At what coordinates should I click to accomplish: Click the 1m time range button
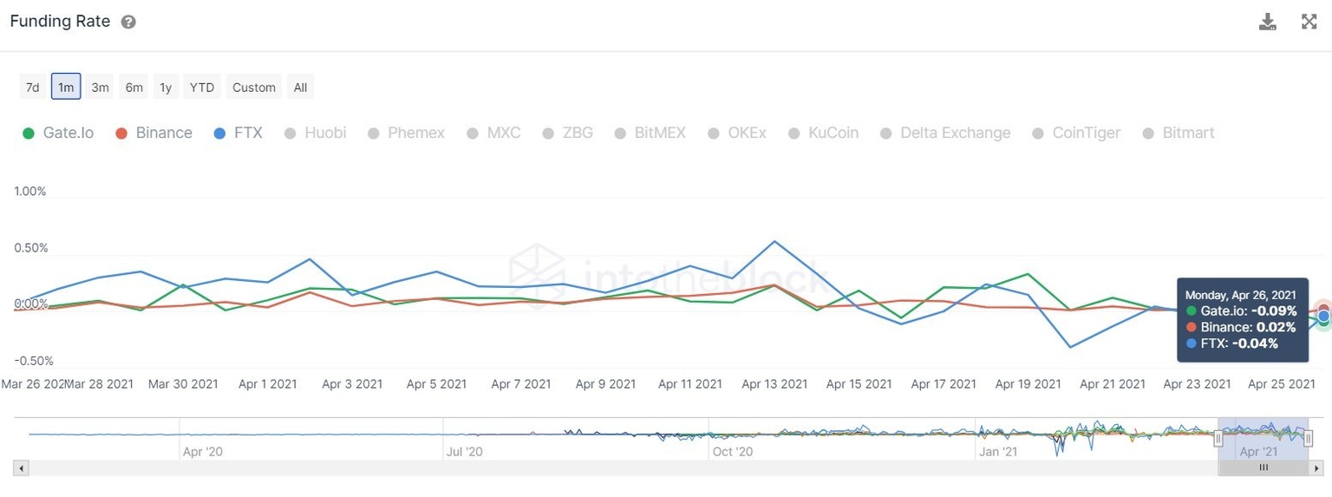pos(66,87)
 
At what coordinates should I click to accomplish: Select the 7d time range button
pos(32,87)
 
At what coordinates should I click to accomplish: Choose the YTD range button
pos(202,87)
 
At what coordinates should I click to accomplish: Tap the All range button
pos(300,87)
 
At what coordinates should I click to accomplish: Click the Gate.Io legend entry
pos(58,133)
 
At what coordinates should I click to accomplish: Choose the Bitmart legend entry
pos(1179,133)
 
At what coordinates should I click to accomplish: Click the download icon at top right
pos(1268,22)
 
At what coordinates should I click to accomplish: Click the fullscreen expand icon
pos(1309,22)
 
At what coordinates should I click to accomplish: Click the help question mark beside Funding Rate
pos(128,22)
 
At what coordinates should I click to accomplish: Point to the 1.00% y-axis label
pos(30,191)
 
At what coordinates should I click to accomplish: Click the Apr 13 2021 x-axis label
pos(774,383)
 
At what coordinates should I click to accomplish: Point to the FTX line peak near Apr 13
pos(774,241)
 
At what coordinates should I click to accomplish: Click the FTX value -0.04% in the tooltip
pos(1255,343)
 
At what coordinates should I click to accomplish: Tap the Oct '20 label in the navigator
pos(733,452)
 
